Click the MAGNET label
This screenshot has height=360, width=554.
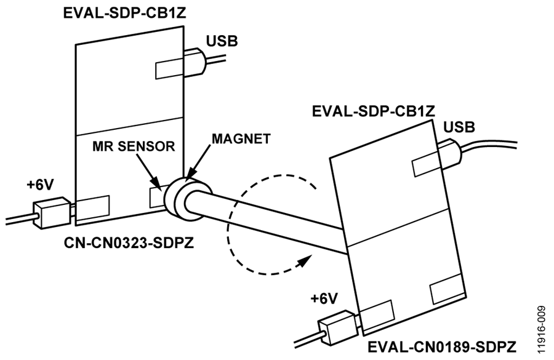pos(241,139)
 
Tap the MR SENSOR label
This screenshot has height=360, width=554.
pos(134,146)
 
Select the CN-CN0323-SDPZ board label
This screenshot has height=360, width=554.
pos(129,242)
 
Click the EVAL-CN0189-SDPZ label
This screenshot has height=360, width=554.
pos(441,346)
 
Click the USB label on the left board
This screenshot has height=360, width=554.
pos(222,41)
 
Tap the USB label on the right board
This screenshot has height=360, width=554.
pos(459,127)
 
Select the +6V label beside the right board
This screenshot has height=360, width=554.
pos(324,298)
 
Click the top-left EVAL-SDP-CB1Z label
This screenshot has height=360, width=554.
pos(124,13)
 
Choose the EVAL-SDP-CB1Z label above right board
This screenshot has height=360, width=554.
pos(373,111)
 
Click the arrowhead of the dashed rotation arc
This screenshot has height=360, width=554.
pos(303,261)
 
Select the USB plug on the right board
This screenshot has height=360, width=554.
pos(449,153)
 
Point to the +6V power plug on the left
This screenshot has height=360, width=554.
pos(52,213)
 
